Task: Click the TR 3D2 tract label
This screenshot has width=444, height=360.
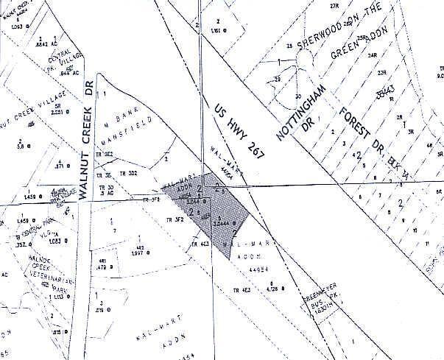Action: coord(129,174)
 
